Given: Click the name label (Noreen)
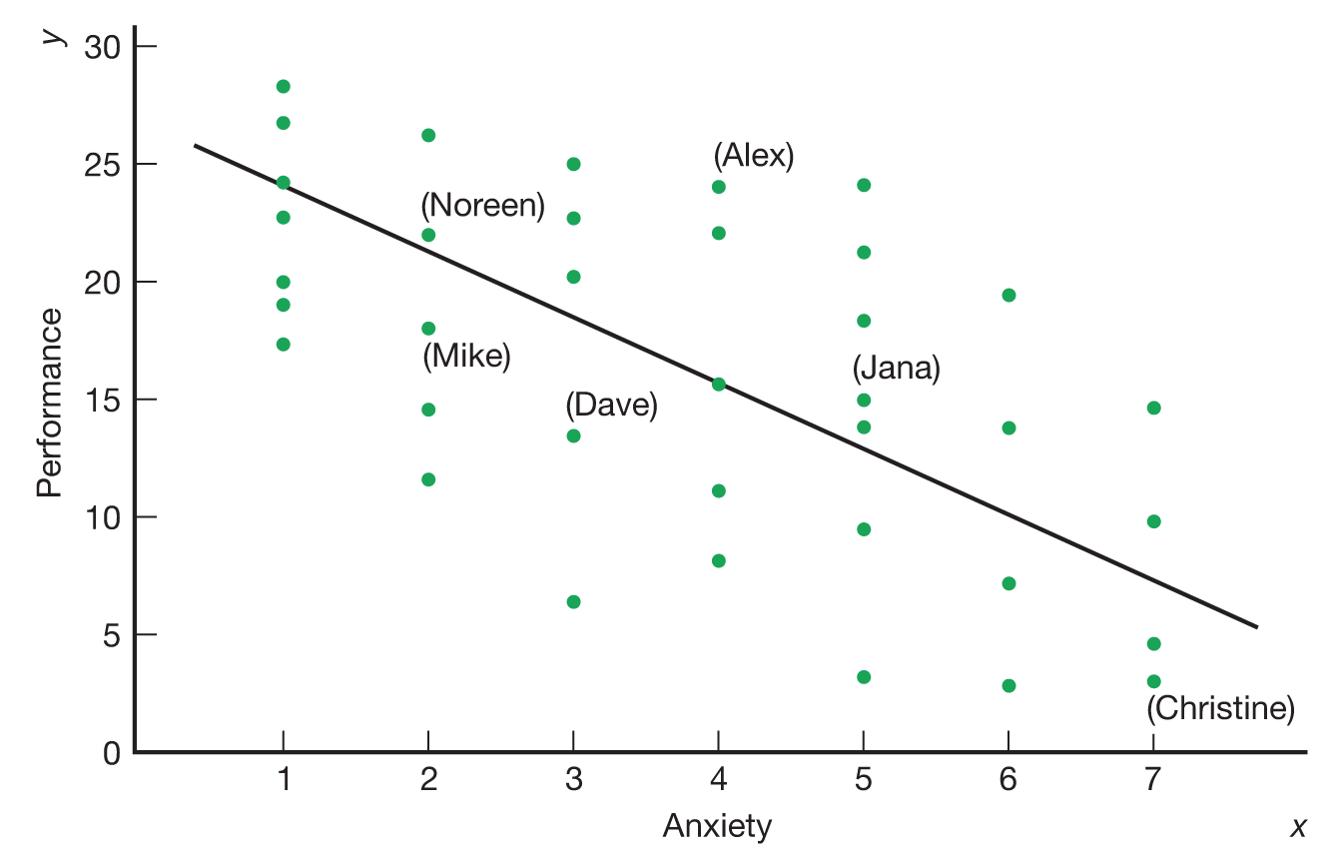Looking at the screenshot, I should click(x=483, y=207).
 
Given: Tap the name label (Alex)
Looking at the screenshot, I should click(x=754, y=157).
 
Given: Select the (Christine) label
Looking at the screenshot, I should click(x=1220, y=709).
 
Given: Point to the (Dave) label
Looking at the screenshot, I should click(x=611, y=406).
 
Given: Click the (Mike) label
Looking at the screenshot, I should click(x=466, y=357).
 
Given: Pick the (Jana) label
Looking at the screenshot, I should click(x=896, y=369).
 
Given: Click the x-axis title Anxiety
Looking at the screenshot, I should click(x=717, y=827).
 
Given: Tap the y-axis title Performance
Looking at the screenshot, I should click(x=49, y=403).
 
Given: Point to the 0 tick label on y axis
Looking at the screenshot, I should click(x=112, y=752).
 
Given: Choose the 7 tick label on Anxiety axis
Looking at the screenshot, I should click(x=1153, y=779).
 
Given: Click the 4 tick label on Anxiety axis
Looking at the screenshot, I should click(x=718, y=779).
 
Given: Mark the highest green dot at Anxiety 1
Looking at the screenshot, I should click(x=284, y=87).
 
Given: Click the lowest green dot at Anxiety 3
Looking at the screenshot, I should click(x=573, y=601).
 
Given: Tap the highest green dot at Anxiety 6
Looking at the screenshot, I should click(x=1008, y=295).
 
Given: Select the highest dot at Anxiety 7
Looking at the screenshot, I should click(x=1153, y=408).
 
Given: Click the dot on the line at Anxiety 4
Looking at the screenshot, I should click(x=718, y=384).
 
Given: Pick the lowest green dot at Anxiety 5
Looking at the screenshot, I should click(x=864, y=677).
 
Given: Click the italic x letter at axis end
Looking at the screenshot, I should click(x=1299, y=827).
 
